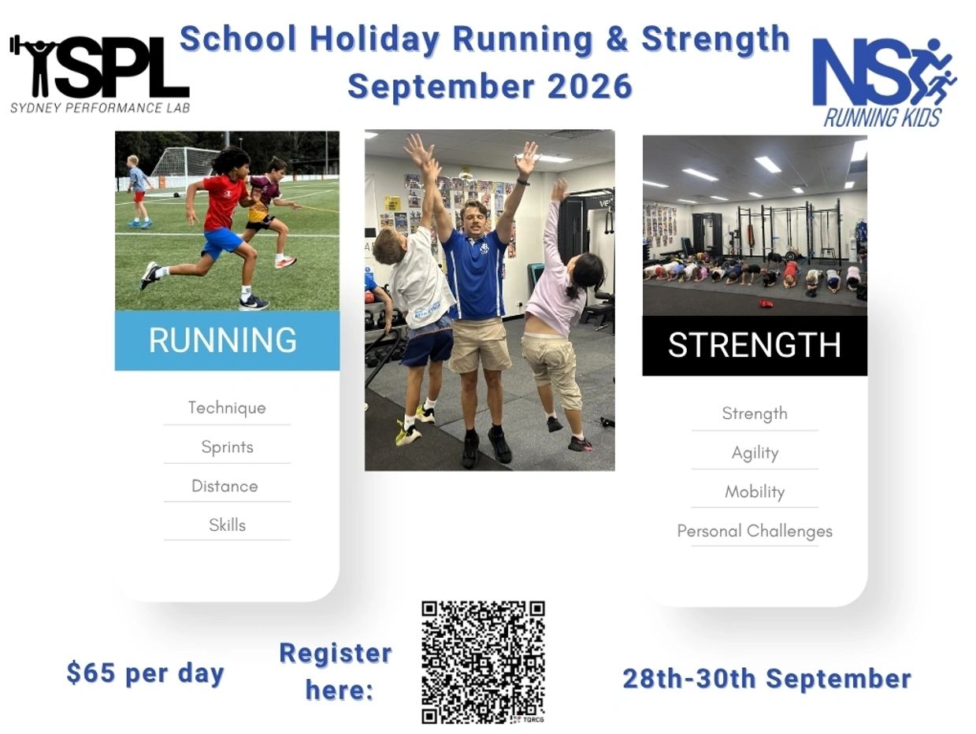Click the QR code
[483, 662]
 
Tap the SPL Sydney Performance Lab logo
[100, 74]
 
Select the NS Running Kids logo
[884, 83]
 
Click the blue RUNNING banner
[227, 340]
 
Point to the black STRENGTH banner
[755, 346]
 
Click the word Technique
[227, 408]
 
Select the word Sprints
[227, 447]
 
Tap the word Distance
[225, 486]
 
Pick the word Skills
[227, 525]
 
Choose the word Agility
[755, 453]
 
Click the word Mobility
[755, 492]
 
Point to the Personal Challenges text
[755, 532]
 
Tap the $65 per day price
[146, 673]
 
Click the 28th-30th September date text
[767, 679]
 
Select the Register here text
[336, 671]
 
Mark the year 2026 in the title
[589, 87]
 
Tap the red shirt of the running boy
[225, 202]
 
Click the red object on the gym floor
[766, 303]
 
